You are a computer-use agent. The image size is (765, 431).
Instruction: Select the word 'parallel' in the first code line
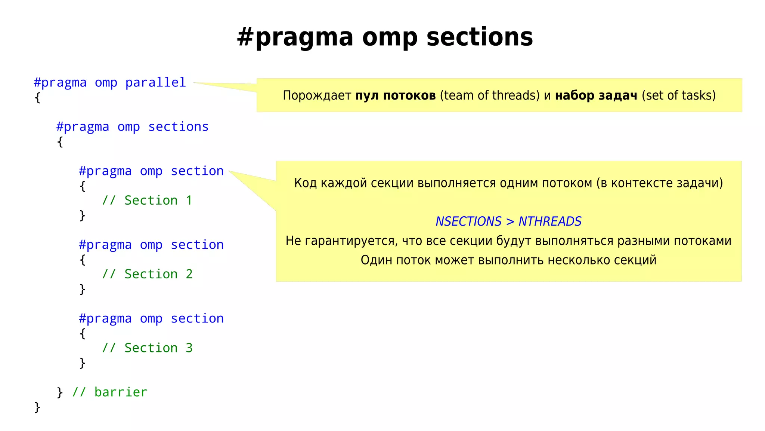pos(155,82)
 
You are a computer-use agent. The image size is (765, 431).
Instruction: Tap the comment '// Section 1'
pos(147,201)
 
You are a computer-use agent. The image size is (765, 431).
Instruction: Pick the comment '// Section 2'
pos(147,274)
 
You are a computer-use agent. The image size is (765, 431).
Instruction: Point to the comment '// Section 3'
pos(147,348)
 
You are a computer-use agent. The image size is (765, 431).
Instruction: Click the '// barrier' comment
pos(109,392)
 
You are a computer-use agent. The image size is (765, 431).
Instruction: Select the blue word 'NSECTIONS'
pos(468,221)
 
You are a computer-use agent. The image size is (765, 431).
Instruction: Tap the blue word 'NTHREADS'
pos(550,221)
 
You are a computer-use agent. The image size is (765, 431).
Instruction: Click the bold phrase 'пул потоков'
pos(395,95)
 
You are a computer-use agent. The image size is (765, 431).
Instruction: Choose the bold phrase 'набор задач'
pos(596,95)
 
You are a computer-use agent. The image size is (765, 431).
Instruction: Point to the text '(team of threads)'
pos(489,95)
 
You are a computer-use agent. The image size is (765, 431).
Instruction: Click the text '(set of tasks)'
pos(678,95)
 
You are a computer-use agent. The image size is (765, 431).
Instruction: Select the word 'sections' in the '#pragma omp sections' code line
pos(178,127)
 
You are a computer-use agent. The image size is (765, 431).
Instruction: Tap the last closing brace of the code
pos(37,407)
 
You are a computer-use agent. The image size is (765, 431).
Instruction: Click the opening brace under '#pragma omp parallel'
pos(37,98)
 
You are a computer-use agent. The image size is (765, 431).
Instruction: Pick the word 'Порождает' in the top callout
pos(317,95)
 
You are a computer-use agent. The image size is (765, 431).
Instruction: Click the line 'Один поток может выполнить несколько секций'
pos(508,260)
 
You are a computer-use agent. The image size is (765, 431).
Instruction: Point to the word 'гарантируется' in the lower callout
pos(351,241)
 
